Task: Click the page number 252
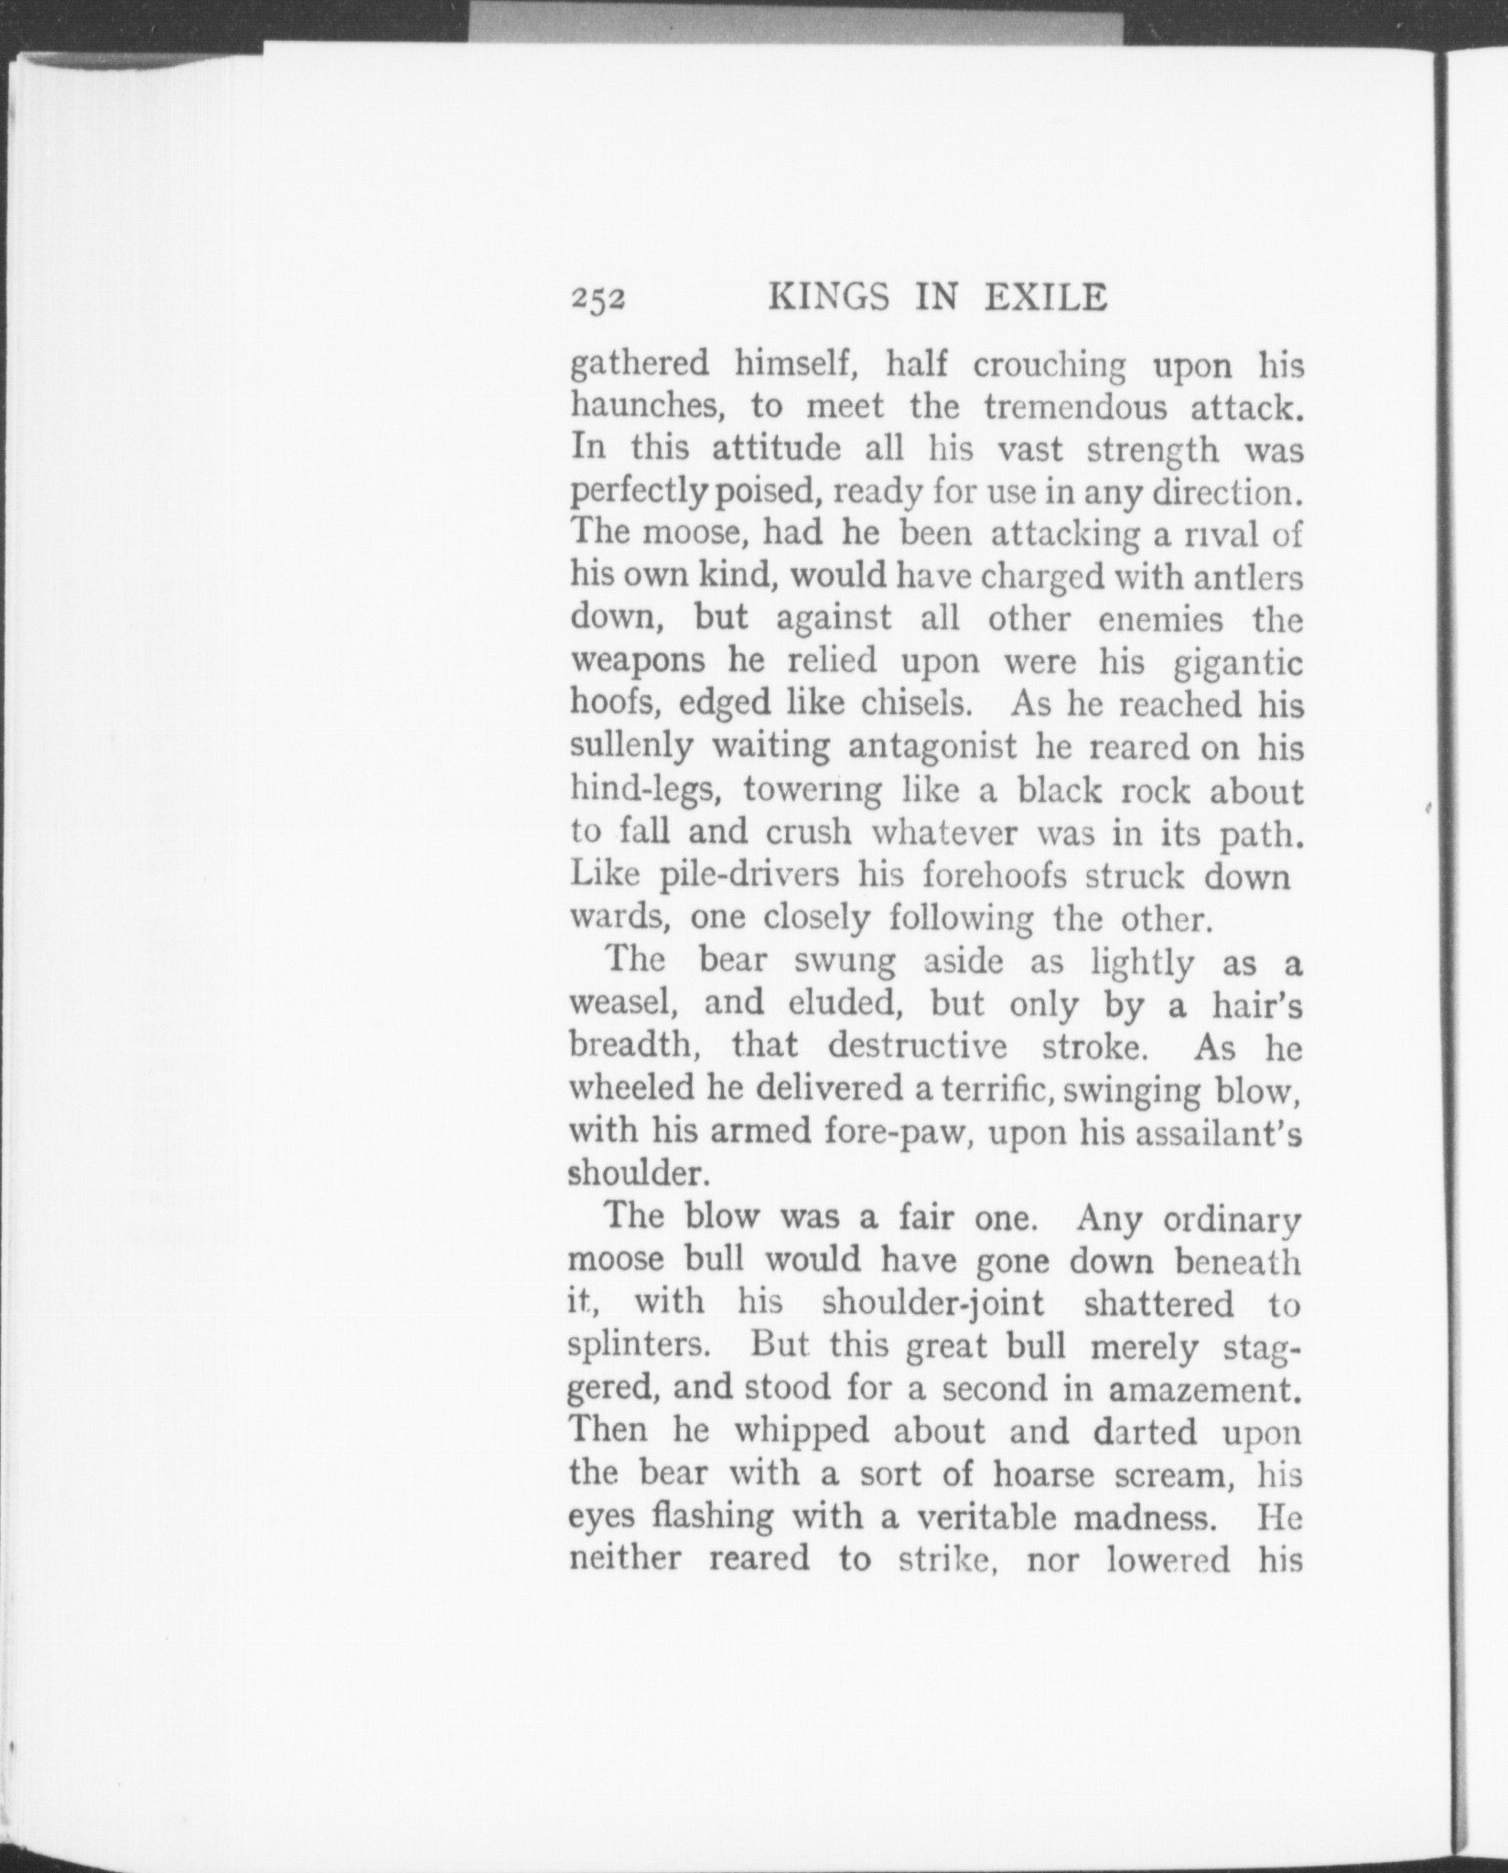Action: [598, 300]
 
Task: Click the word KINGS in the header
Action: [828, 298]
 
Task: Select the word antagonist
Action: [932, 748]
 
